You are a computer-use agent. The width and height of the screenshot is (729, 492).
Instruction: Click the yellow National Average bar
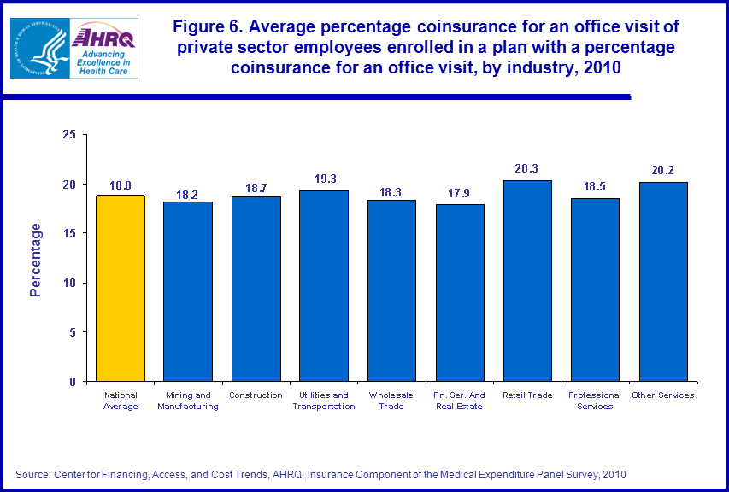[x=121, y=288]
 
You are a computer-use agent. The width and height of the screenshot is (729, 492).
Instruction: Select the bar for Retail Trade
[x=527, y=281]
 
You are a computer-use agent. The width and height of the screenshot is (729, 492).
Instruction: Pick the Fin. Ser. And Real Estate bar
[x=460, y=293]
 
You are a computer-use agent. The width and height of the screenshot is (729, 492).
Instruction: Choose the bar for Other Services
[x=663, y=282]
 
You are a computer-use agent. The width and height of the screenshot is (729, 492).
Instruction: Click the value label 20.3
[x=527, y=169]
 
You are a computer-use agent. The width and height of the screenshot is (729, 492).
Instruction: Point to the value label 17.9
[x=460, y=193]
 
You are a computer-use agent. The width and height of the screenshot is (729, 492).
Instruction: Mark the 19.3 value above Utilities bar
[x=324, y=179]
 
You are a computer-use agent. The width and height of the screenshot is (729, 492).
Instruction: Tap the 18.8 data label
[x=121, y=184]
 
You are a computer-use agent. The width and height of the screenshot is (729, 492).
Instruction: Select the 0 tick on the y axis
[x=73, y=382]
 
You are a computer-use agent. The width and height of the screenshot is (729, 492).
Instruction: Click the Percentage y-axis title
[x=36, y=259]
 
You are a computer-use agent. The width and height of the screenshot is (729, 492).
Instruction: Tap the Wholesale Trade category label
[x=391, y=401]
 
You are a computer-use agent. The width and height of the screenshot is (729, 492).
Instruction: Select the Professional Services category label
[x=595, y=401]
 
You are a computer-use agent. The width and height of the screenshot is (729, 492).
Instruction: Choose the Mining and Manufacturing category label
[x=188, y=401]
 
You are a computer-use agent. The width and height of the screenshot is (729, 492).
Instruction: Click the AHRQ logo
[x=103, y=49]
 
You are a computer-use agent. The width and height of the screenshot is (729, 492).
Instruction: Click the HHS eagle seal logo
[x=39, y=49]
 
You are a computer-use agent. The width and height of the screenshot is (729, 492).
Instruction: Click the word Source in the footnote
[x=32, y=474]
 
